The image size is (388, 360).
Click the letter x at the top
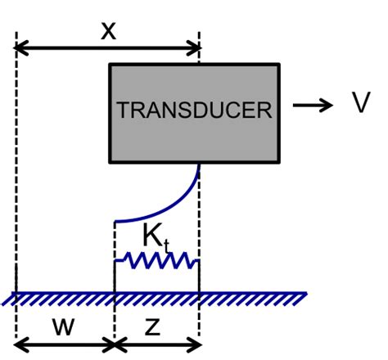click(107, 31)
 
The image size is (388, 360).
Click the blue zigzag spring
click(156, 262)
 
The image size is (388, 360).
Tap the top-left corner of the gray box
click(110, 64)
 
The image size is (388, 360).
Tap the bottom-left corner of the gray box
click(110, 162)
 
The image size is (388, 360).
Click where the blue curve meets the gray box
click(200, 163)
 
